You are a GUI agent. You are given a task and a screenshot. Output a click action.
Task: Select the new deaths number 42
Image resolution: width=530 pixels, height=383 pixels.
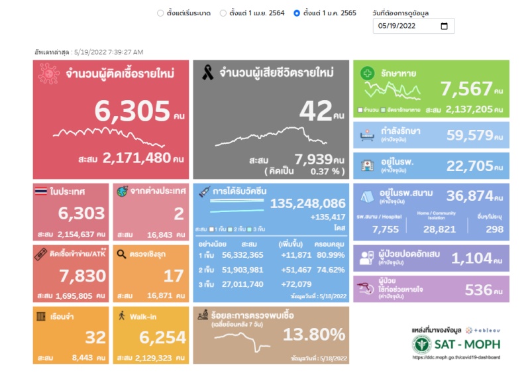tap(315, 111)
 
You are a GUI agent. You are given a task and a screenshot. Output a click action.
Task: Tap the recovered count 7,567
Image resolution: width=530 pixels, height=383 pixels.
tap(466, 88)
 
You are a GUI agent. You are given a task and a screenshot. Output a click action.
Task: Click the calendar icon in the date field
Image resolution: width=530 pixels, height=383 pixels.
tap(444, 27)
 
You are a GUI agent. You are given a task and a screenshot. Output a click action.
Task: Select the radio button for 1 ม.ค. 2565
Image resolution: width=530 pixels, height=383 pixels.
tap(297, 13)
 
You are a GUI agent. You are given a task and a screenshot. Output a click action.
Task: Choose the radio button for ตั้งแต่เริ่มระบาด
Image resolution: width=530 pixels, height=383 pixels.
tap(160, 13)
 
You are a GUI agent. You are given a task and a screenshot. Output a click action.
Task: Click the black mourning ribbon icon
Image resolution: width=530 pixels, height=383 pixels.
tap(207, 73)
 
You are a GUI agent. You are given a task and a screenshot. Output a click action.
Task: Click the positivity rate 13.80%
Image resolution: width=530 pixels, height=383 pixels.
tap(314, 335)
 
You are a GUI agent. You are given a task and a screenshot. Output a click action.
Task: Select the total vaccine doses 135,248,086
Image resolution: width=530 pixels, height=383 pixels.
tap(308, 203)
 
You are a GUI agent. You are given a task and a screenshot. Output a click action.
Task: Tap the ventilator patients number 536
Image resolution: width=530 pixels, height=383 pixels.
tap(478, 290)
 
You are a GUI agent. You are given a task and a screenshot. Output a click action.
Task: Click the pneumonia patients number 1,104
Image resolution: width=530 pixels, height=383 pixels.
tap(472, 258)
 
